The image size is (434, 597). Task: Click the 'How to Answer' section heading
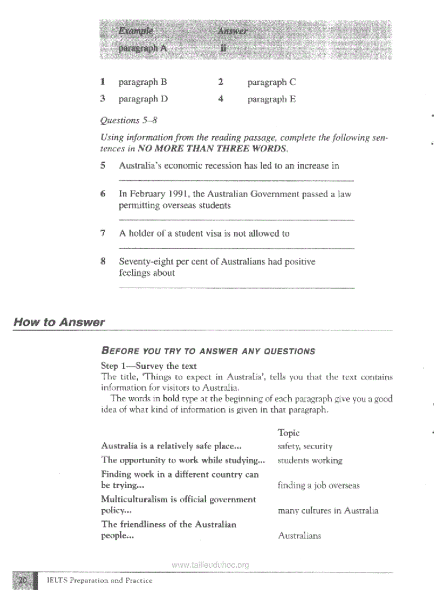(59, 322)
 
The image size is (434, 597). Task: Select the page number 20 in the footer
(23, 581)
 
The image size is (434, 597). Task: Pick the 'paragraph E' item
(271, 99)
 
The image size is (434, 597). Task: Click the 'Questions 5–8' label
(129, 120)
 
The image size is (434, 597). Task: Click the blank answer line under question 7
(237, 248)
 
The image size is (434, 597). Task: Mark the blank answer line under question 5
(237, 181)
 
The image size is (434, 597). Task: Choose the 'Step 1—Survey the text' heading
(148, 366)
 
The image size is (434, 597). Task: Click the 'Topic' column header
(289, 433)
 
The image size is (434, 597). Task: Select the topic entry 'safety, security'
(305, 447)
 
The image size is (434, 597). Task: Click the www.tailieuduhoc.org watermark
(211, 565)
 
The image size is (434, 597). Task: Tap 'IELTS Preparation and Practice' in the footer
(99, 581)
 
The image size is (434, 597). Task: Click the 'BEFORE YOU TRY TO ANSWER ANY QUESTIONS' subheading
(208, 351)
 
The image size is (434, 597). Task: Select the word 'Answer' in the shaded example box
(232, 31)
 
